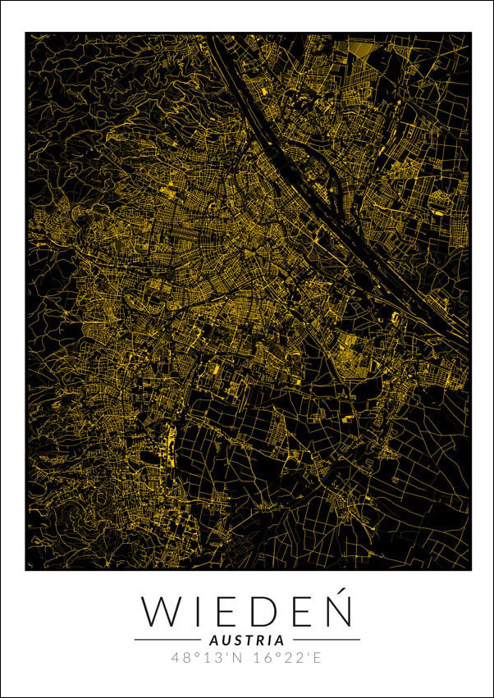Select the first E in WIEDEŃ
pos(228,611)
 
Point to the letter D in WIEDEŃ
pos(266,611)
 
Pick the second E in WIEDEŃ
pos(303,611)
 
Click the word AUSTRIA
pos(247,640)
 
